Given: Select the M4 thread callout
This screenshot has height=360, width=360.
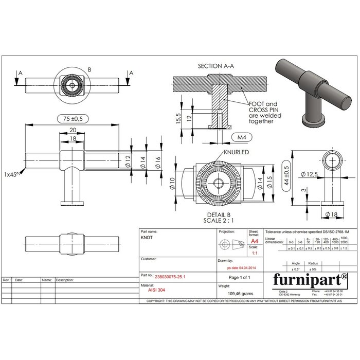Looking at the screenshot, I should [x=241, y=137].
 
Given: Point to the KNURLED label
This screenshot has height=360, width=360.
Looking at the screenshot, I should [x=237, y=153].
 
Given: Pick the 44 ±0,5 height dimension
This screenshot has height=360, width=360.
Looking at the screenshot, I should [x=286, y=175].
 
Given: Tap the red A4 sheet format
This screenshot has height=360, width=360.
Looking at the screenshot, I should [x=254, y=241].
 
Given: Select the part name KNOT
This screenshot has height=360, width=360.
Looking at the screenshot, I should [x=147, y=239].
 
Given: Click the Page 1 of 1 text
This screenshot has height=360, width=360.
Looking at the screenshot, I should [x=239, y=277].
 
